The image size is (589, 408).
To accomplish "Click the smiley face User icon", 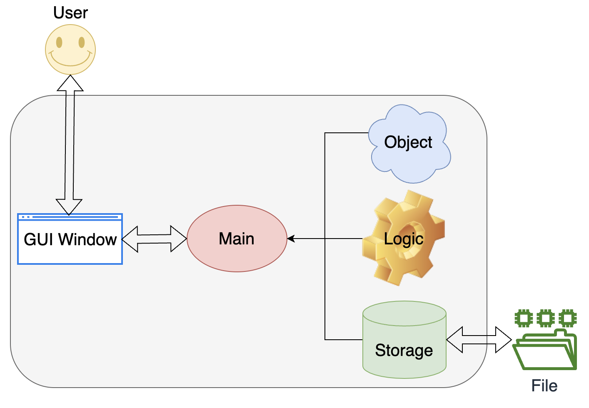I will click(x=70, y=50).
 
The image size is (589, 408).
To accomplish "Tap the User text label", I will click(x=70, y=13).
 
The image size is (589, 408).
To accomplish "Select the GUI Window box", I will click(x=70, y=239).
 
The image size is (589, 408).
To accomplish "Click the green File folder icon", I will click(x=545, y=350).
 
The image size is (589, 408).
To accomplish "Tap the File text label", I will click(x=544, y=386).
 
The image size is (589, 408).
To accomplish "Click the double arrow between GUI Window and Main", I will click(x=154, y=239).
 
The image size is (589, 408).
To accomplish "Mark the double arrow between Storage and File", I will click(x=479, y=340).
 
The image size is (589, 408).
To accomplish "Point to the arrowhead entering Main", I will click(x=291, y=239).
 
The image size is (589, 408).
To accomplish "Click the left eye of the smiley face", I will click(x=59, y=42).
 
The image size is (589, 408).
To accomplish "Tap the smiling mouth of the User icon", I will click(x=70, y=62).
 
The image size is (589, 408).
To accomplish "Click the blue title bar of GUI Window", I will click(x=70, y=217).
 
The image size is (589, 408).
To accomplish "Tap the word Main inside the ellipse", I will click(x=237, y=239).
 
